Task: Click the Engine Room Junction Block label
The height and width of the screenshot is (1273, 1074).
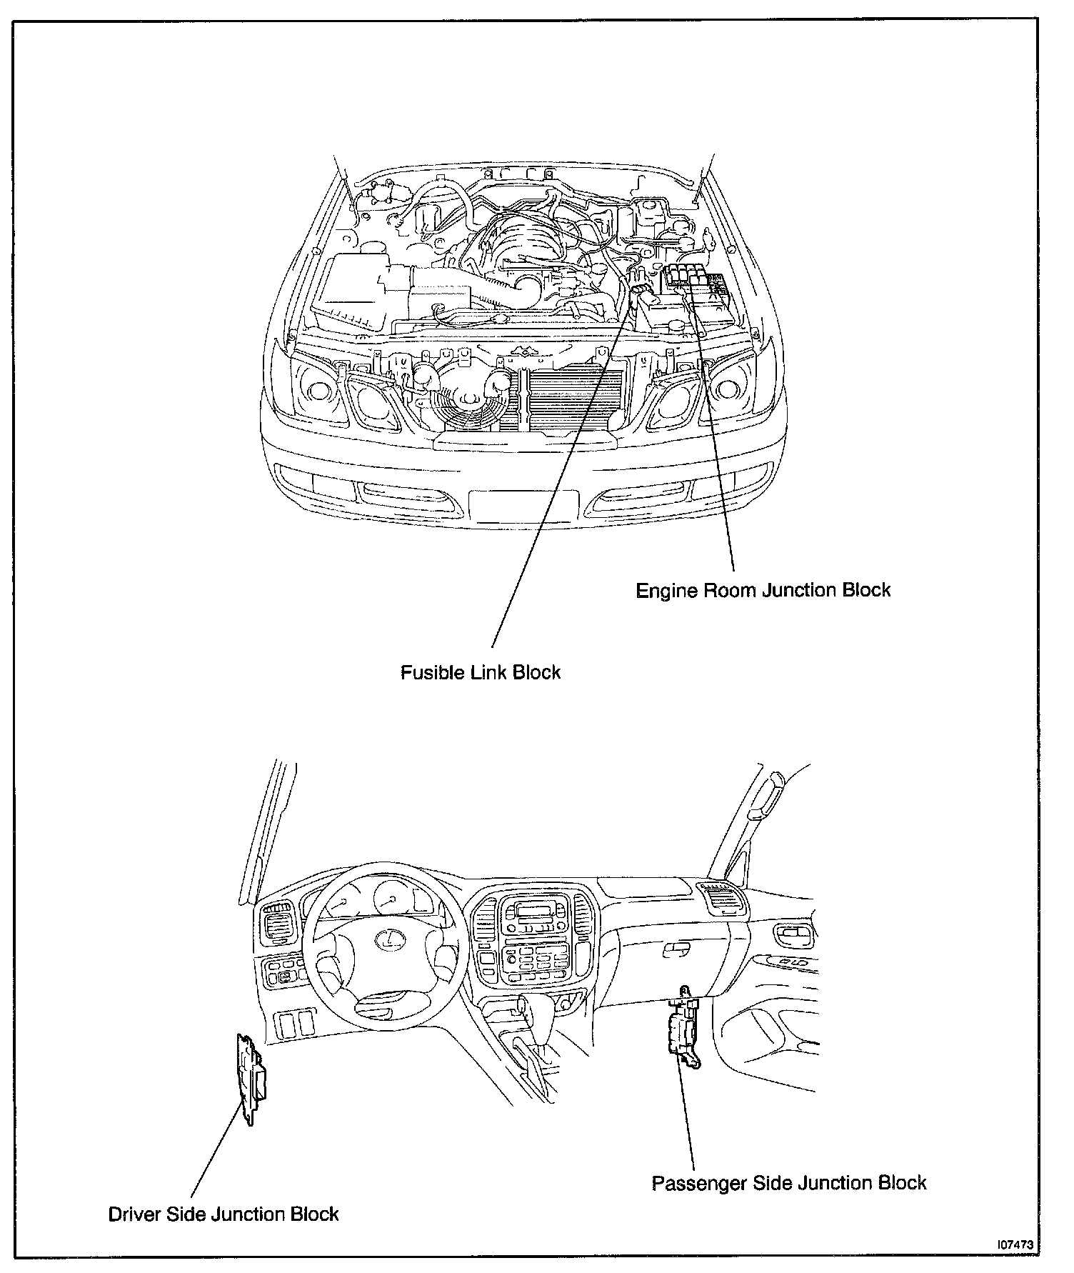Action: (x=763, y=591)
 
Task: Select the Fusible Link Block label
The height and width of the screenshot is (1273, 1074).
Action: (x=480, y=673)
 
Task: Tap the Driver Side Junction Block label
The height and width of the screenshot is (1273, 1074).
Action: (x=224, y=1214)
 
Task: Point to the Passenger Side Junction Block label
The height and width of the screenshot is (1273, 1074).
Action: (x=789, y=1183)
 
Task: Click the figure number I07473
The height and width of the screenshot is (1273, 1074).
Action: (x=1015, y=1244)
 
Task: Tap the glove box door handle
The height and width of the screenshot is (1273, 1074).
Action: (x=675, y=949)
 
